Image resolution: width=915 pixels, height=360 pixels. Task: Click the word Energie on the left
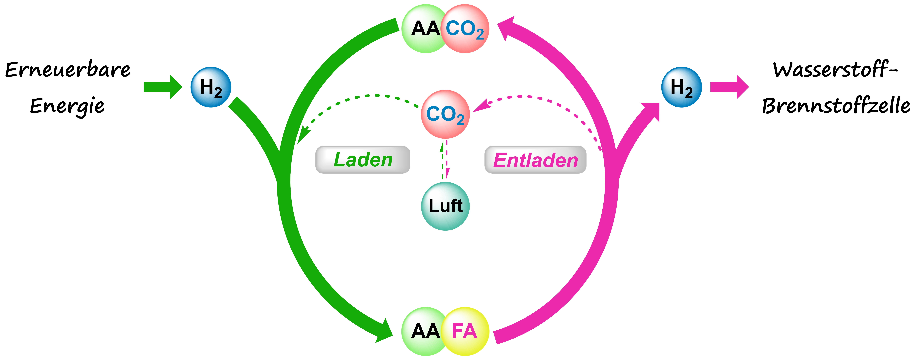tap(67, 106)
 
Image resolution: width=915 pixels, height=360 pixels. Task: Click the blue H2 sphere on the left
tap(211, 87)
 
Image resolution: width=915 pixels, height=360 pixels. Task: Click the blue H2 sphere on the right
tap(681, 87)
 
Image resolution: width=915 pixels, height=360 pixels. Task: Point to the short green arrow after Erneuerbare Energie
tap(163, 87)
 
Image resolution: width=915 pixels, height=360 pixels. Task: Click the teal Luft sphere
tap(445, 206)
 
